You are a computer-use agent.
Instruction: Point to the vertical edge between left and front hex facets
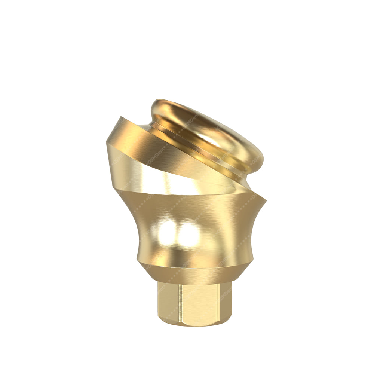179,303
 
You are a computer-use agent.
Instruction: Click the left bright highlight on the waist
167,233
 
